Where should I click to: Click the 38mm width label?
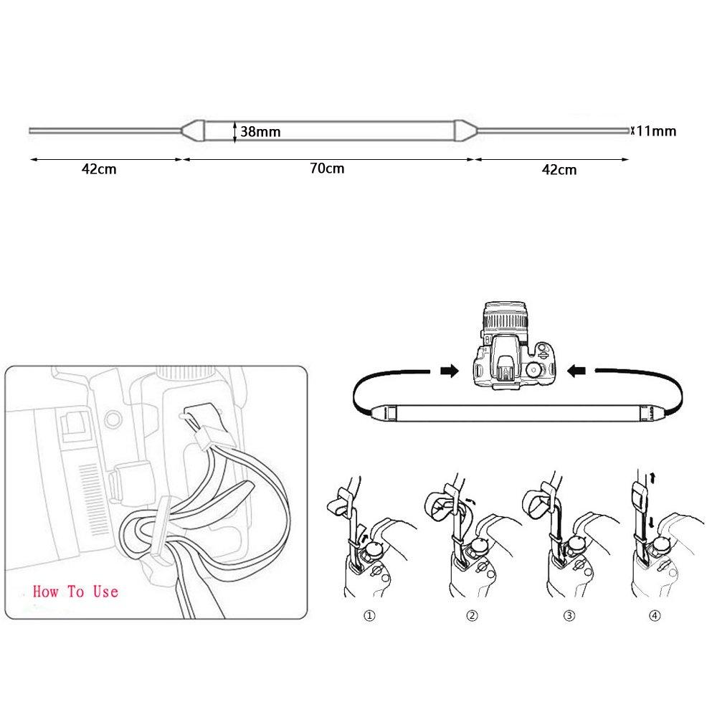[x=260, y=132]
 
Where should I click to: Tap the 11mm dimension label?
[x=656, y=131]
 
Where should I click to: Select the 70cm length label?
[x=327, y=168]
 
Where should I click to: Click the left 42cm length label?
[x=99, y=169]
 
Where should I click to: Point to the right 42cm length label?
[x=559, y=170]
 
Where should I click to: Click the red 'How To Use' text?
[x=75, y=592]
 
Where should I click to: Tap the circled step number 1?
[x=369, y=615]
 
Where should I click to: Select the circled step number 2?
[x=472, y=615]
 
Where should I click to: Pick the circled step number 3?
[x=569, y=615]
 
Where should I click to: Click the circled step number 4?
[x=655, y=615]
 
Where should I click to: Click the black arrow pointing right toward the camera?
[x=450, y=371]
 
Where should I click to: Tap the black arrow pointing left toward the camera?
[x=576, y=371]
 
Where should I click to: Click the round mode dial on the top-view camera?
[x=533, y=369]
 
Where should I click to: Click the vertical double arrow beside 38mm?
[x=234, y=132]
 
